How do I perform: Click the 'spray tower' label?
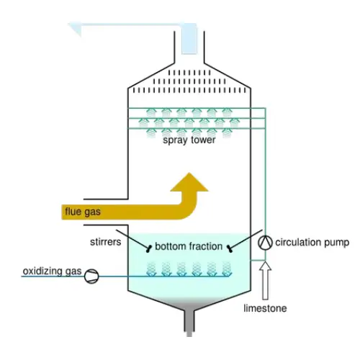[189, 140]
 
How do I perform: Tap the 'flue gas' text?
[83, 212]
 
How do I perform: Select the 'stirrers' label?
[105, 242]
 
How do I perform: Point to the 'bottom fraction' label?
[189, 246]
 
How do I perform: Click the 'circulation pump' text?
[312, 243]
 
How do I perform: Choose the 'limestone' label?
[265, 308]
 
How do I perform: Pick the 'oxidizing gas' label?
[52, 271]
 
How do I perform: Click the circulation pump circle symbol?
[265, 243]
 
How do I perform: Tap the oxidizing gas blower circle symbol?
[91, 276]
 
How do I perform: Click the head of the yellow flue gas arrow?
[189, 181]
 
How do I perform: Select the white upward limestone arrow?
[265, 281]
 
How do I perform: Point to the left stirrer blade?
[149, 248]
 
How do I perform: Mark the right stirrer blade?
[230, 248]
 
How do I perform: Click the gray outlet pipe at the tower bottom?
[189, 322]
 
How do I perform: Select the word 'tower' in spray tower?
[203, 140]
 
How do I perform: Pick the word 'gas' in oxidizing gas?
[73, 272]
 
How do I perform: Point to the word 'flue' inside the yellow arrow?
[73, 211]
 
